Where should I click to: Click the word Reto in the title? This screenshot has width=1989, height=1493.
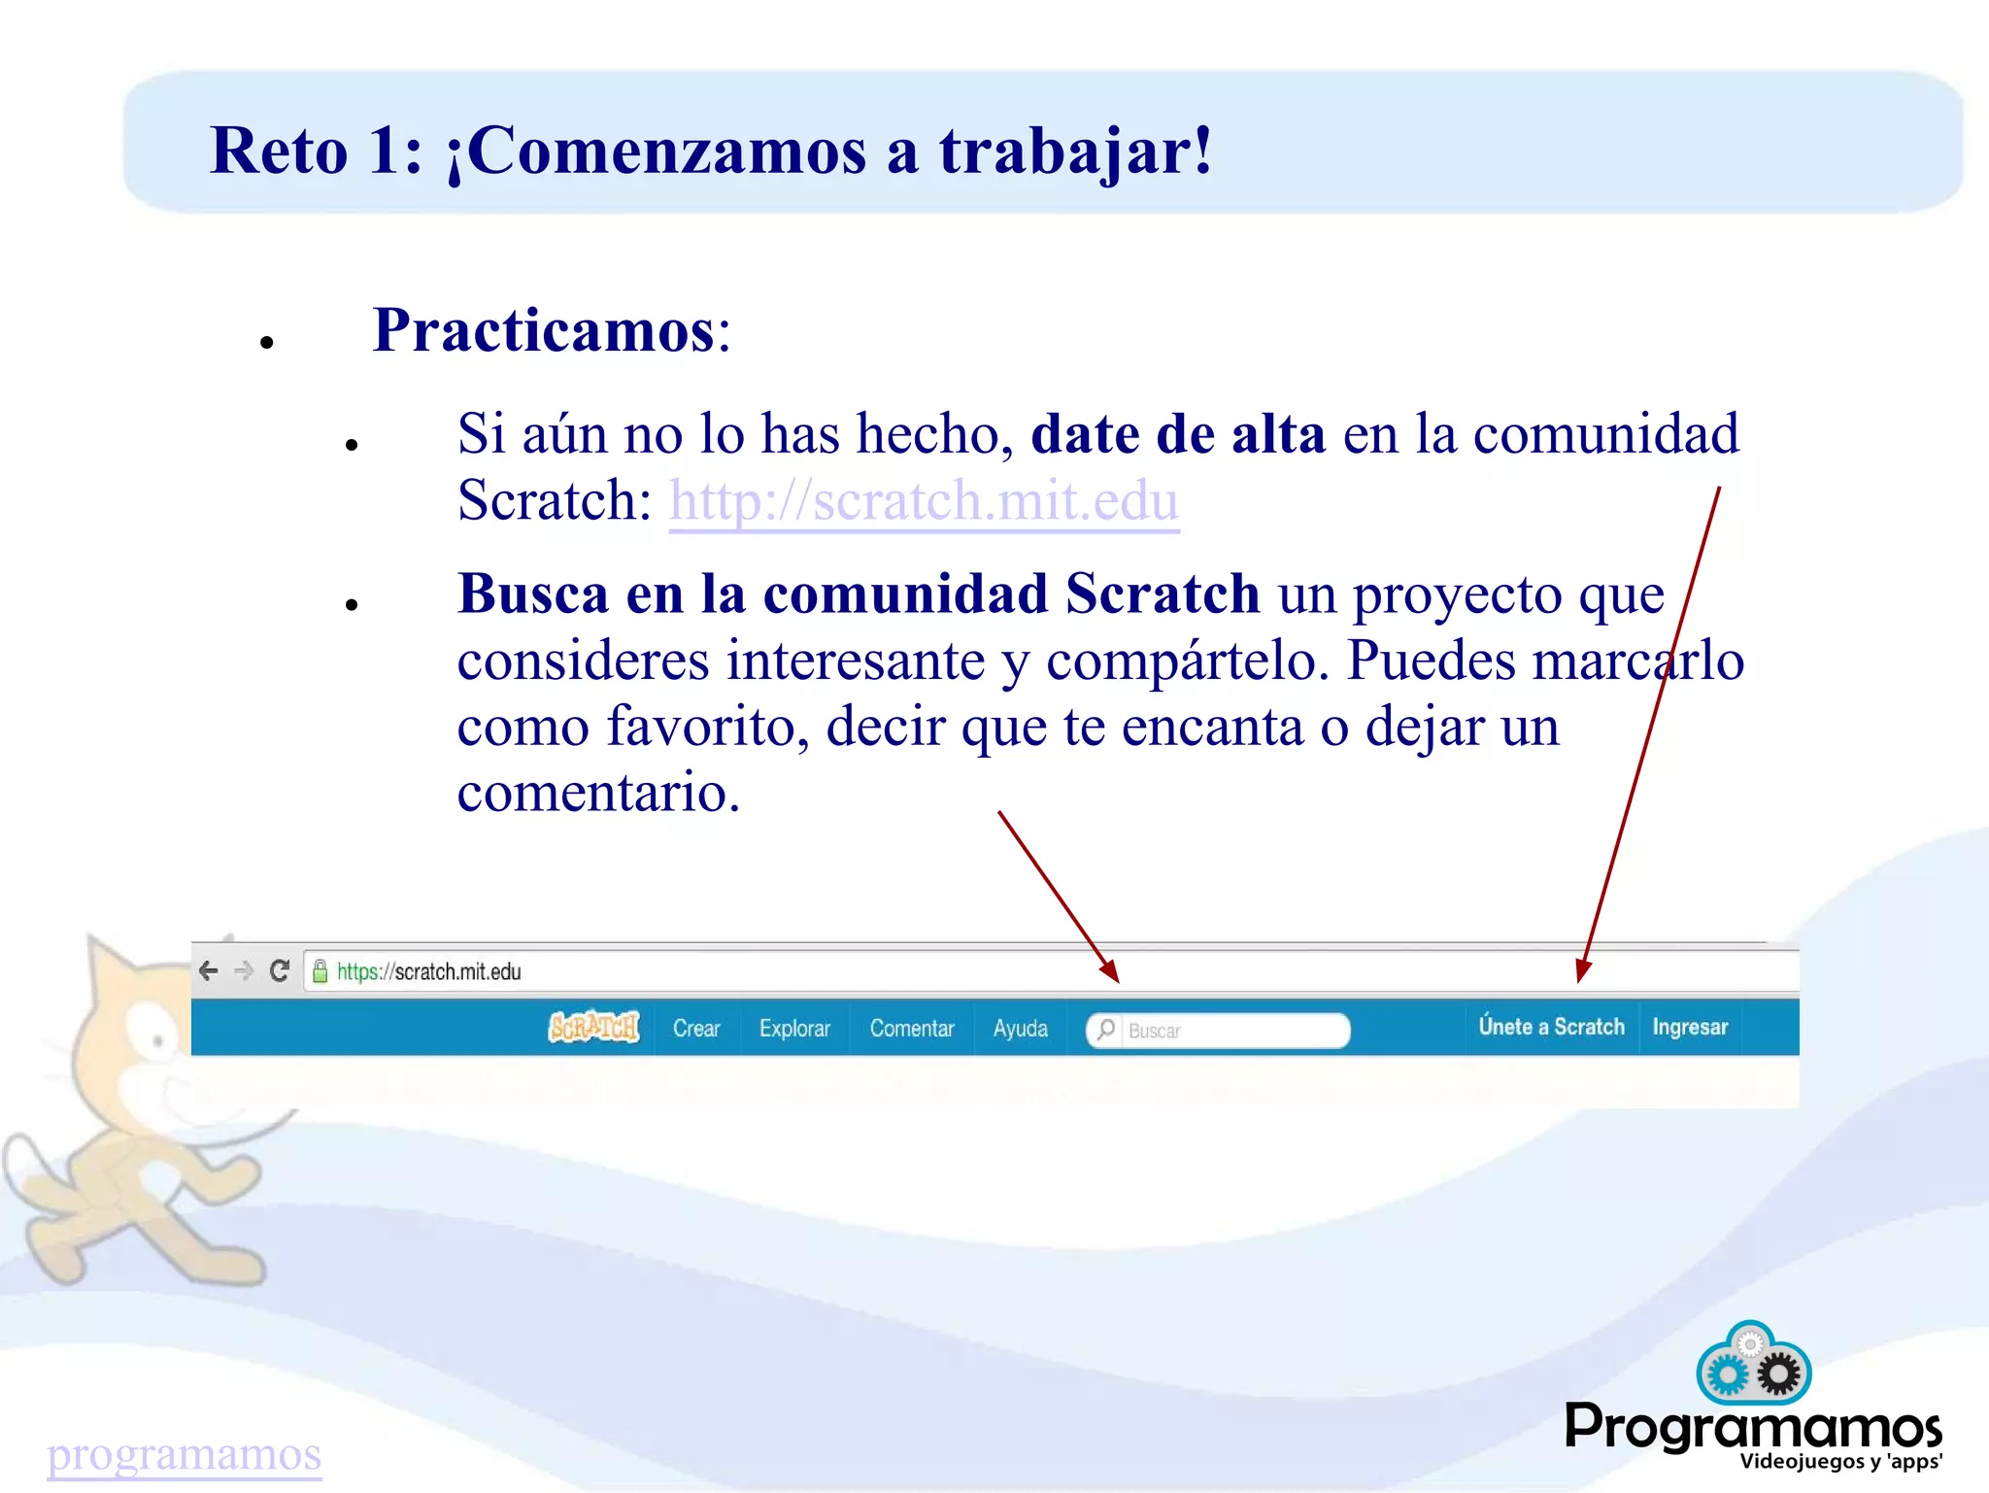pos(279,152)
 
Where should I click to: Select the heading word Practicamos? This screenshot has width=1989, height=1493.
pos(544,331)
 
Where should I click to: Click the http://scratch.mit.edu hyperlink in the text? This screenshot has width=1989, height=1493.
pos(924,501)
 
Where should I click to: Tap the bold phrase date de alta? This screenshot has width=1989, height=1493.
pos(1177,434)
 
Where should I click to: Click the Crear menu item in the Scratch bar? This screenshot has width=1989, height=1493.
pos(696,1029)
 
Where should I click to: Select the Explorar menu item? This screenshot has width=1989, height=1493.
pos(794,1029)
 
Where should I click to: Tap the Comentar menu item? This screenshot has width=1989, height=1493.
pos(911,1029)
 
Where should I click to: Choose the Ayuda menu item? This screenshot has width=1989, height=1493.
pos(1020,1029)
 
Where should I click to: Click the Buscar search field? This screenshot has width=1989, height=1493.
pos(1229,1031)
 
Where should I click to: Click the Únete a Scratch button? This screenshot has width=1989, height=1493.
pos(1551,1027)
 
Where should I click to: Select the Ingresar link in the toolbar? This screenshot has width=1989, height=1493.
pos(1690,1028)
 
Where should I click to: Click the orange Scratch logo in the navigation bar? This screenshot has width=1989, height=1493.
pos(594,1028)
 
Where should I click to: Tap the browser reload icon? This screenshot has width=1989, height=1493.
pos(280,970)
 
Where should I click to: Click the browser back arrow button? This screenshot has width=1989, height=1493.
pos(208,970)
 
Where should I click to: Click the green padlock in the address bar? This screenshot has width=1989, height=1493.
pos(320,971)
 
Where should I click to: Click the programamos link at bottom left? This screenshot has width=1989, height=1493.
pos(184,1454)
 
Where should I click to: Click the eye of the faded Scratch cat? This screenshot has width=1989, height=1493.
pos(156,1041)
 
